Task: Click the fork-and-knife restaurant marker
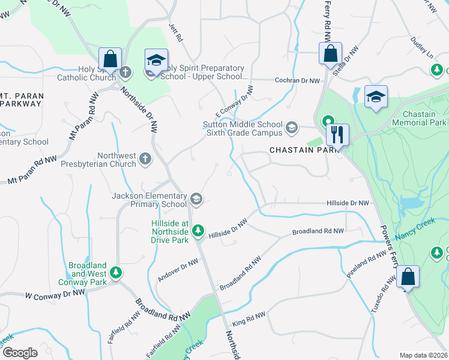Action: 337,134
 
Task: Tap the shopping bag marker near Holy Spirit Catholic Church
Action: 110,59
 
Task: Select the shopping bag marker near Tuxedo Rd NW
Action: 408,277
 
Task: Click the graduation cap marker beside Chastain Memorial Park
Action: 376,97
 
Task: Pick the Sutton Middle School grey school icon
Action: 292,127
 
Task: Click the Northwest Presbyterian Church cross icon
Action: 145,159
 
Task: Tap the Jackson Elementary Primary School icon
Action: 196,199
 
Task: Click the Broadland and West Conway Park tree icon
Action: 116,273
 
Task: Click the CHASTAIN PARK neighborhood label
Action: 297,149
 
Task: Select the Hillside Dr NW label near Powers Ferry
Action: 346,203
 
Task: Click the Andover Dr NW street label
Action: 178,270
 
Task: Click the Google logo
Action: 20,352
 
